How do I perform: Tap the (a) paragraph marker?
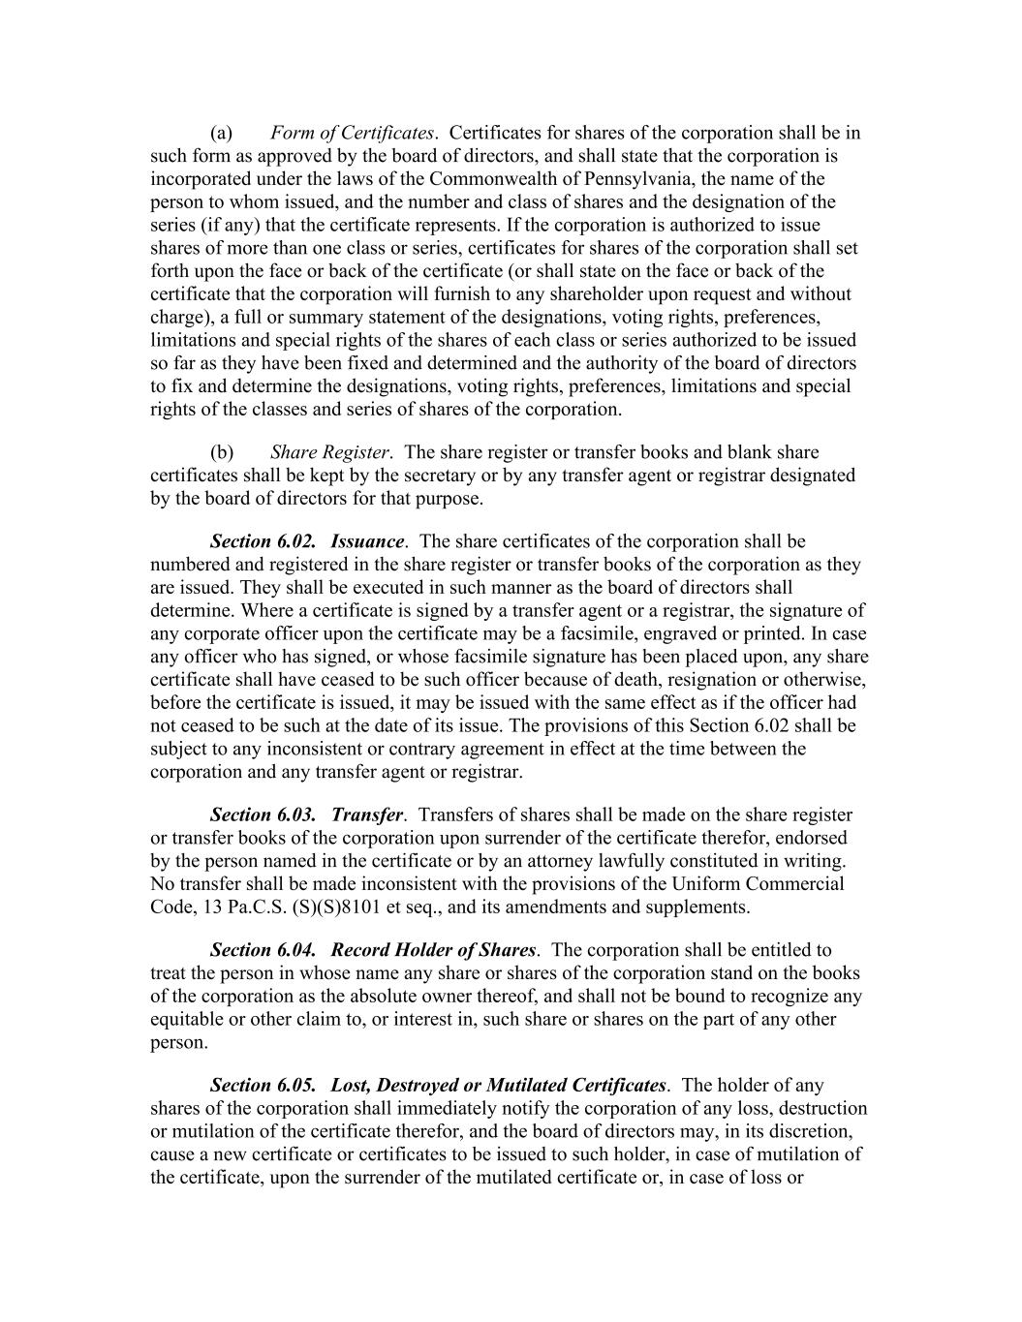coord(222,133)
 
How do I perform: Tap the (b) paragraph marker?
coord(222,452)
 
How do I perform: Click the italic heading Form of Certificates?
coord(352,133)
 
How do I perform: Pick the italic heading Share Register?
coord(329,452)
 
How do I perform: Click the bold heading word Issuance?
coord(367,541)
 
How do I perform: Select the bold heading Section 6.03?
coord(263,815)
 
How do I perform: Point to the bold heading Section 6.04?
coord(263,950)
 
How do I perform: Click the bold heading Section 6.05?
coord(263,1085)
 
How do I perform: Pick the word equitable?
coord(189,1020)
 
